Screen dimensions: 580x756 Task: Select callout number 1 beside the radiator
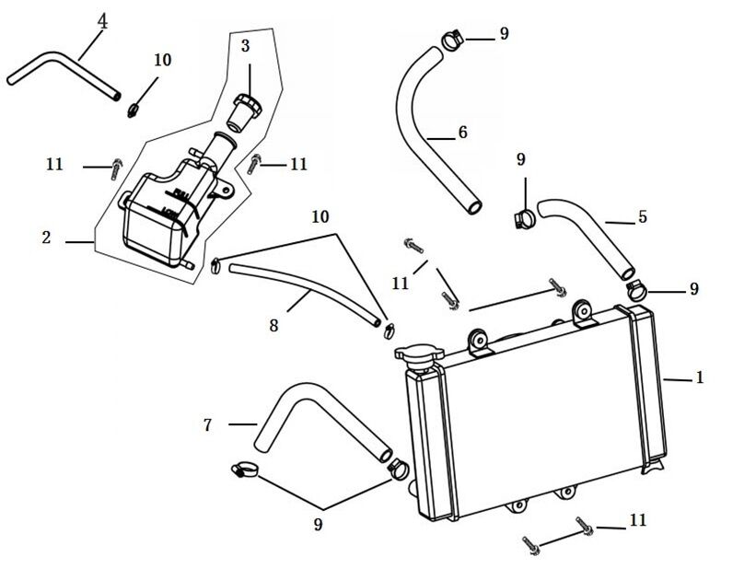[x=700, y=377]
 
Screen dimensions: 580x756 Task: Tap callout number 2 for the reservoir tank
[x=46, y=238]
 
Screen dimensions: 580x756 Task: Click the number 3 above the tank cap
[x=245, y=45]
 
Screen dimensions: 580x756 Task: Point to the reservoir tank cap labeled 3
[x=246, y=110]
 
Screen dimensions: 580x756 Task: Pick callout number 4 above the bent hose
[x=102, y=21]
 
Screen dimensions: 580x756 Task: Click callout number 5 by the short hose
[x=642, y=217]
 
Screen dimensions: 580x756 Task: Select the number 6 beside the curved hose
[x=462, y=133]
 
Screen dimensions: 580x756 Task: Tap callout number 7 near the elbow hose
[x=208, y=424]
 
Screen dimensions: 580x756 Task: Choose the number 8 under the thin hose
[x=273, y=325]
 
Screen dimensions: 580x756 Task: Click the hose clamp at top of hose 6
[x=450, y=40]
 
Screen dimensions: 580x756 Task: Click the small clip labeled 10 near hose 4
[x=134, y=109]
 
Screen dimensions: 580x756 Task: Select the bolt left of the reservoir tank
[x=115, y=168]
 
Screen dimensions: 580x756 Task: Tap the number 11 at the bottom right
[x=638, y=521]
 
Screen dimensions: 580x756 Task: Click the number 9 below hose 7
[x=319, y=525]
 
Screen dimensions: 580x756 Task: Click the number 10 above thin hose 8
[x=320, y=217]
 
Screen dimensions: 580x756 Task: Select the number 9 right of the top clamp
[x=504, y=34]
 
